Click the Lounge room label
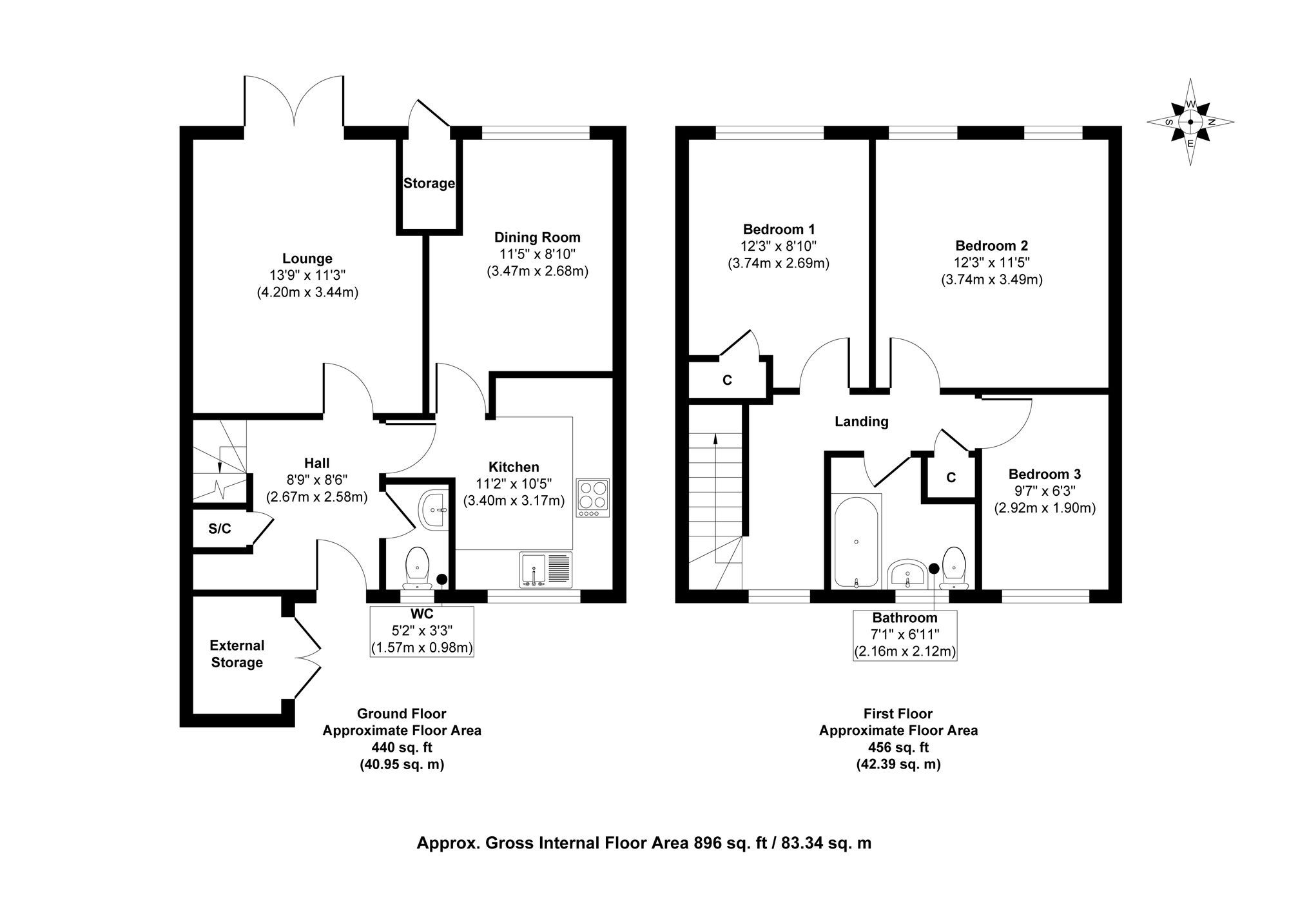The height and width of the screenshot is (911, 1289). pos(307,259)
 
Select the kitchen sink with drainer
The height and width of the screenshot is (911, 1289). pos(545,570)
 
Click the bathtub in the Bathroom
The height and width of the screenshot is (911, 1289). pos(855,542)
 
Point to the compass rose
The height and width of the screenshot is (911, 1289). pos(1190,122)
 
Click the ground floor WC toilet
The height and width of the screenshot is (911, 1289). pos(418,567)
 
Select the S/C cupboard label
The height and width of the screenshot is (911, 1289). pos(219,529)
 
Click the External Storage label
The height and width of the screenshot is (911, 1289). pos(237,654)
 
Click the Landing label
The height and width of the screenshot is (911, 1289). pos(861,422)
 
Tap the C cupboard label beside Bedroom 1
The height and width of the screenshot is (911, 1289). pos(727,380)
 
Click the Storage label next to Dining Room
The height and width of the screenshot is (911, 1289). pos(429,183)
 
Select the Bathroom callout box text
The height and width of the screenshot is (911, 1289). pos(904,634)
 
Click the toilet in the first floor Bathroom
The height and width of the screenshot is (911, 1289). pos(953,567)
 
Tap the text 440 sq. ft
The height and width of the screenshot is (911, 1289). pos(402,747)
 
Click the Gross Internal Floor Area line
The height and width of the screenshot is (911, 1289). pos(644,843)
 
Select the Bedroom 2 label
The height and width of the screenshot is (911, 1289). pos(991,246)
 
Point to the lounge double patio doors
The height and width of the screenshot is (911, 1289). pos(294,103)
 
